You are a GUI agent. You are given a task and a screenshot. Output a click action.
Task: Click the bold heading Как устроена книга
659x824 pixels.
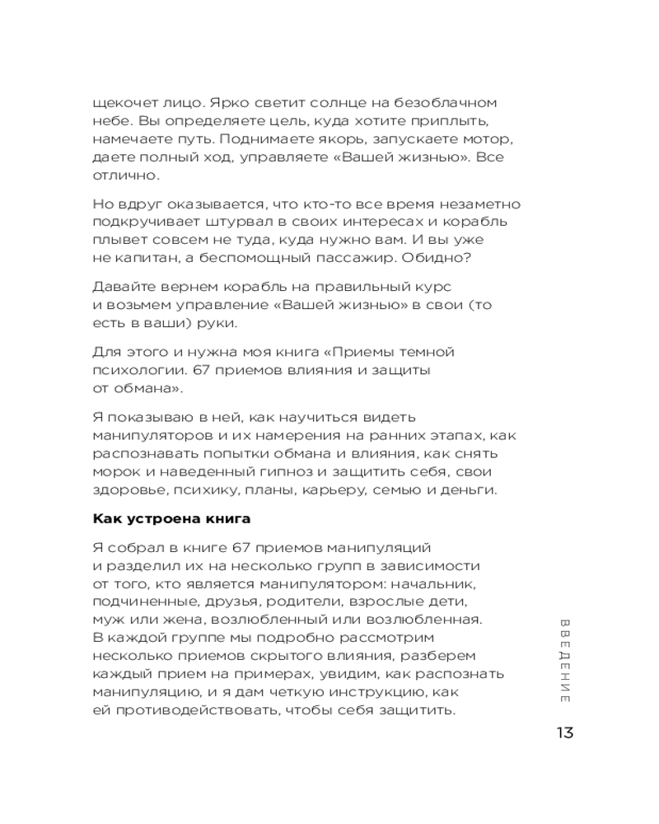click(171, 519)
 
